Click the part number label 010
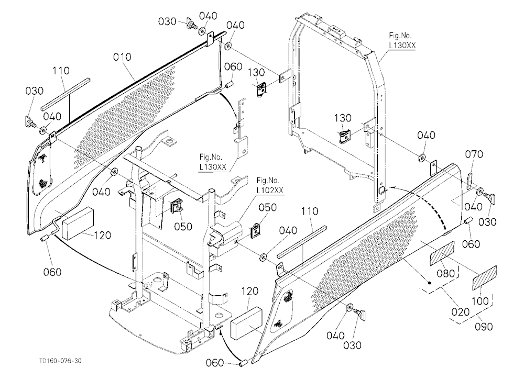pyautogui.click(x=122, y=57)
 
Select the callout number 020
pyautogui.click(x=460, y=312)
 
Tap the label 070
pyautogui.click(x=474, y=154)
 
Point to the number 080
pyautogui.click(x=446, y=273)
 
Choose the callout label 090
pyautogui.click(x=484, y=326)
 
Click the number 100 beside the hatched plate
pyautogui.click(x=479, y=300)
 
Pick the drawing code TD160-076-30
pyautogui.click(x=60, y=361)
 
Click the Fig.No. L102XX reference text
pyautogui.click(x=270, y=186)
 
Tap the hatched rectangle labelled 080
pyautogui.click(x=442, y=253)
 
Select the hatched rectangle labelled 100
pyautogui.click(x=485, y=278)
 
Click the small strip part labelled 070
pyautogui.click(x=468, y=181)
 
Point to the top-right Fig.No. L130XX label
pyautogui.click(x=402, y=41)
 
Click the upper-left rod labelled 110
pyautogui.click(x=65, y=94)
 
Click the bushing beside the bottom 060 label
pyautogui.click(x=244, y=363)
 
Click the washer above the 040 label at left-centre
pyautogui.click(x=114, y=172)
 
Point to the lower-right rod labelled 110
pyautogui.click(x=301, y=243)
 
